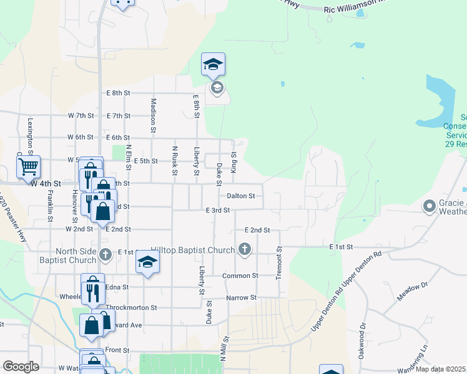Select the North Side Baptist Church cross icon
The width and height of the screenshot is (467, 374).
[x=106, y=254]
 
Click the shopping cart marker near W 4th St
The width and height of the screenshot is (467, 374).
[x=28, y=166]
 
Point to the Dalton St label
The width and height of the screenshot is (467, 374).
[x=240, y=196]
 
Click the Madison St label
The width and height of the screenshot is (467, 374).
[x=153, y=115]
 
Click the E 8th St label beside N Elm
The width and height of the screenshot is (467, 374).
[x=118, y=93]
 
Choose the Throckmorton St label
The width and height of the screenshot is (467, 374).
[x=132, y=308]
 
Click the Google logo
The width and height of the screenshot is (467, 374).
[x=21, y=366]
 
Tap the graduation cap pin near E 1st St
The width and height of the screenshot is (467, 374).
[x=147, y=262]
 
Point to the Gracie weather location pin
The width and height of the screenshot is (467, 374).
[x=430, y=206]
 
